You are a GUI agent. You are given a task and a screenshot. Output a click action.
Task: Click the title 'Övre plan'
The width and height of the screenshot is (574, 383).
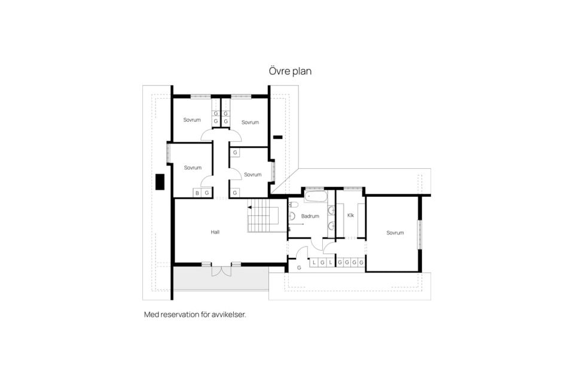pyautogui.click(x=290, y=71)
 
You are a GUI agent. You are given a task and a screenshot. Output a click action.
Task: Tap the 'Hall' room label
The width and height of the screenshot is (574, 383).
pyautogui.click(x=215, y=232)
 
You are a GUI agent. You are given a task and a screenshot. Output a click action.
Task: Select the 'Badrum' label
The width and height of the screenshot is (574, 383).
pyautogui.click(x=310, y=216)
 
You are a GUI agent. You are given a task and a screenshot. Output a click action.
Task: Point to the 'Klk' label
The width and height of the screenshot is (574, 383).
pyautogui.click(x=350, y=215)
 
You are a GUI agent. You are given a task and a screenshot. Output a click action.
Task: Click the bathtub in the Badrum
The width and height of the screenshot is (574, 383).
pyautogui.click(x=315, y=196)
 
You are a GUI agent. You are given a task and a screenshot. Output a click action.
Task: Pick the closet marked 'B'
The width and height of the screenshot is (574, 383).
pyautogui.click(x=197, y=193)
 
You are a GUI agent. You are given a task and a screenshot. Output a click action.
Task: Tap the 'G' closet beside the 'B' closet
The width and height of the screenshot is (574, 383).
pyautogui.click(x=207, y=193)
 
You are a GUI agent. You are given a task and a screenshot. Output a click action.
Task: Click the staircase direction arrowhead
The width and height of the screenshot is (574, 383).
pyautogui.click(x=250, y=208)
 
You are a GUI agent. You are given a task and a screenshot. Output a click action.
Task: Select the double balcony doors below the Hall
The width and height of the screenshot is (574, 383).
pyautogui.click(x=221, y=270)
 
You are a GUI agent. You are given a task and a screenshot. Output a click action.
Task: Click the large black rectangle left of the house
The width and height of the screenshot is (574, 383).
pyautogui.click(x=160, y=182)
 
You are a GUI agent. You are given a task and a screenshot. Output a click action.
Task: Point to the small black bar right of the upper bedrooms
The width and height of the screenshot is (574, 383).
pyautogui.click(x=278, y=138)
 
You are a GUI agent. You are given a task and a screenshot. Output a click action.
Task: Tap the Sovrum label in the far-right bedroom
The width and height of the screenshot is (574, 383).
pyautogui.click(x=395, y=233)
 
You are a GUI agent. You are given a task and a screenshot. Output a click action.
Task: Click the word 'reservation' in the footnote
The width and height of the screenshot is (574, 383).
pyautogui.click(x=179, y=314)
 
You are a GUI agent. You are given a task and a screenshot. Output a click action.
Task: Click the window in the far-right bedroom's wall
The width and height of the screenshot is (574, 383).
pyautogui.click(x=420, y=235)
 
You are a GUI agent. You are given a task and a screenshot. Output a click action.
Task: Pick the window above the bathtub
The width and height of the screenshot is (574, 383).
pyautogui.click(x=315, y=189)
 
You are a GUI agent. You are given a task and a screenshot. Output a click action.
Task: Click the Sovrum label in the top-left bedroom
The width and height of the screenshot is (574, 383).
pyautogui.click(x=192, y=120)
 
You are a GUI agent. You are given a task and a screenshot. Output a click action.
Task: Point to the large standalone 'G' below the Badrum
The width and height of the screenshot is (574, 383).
pyautogui.click(x=299, y=268)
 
